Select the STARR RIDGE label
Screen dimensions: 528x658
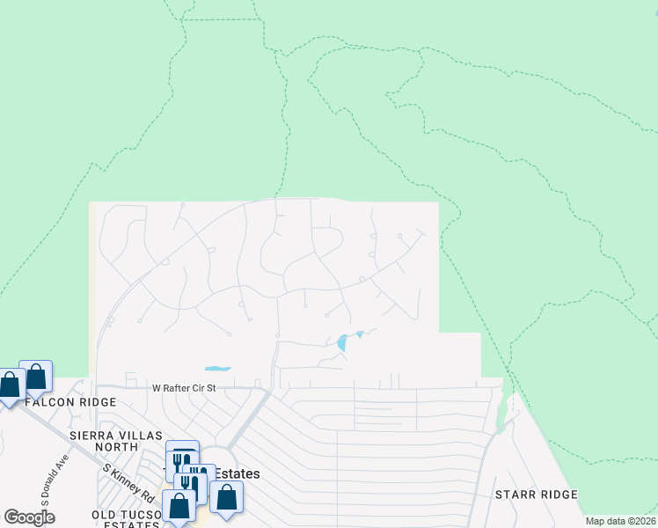pyautogui.click(x=535, y=495)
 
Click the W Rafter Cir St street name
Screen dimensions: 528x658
pyautogui.click(x=184, y=387)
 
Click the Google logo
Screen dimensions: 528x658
pyautogui.click(x=29, y=517)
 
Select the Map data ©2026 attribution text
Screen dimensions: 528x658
pyautogui.click(x=619, y=521)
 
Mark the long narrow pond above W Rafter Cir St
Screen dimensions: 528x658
pyautogui.click(x=217, y=368)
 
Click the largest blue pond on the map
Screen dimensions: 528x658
pyautogui.click(x=342, y=342)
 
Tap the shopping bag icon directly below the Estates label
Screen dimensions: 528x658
pyautogui.click(x=227, y=497)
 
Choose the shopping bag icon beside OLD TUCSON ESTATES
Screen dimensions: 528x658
pyautogui.click(x=179, y=506)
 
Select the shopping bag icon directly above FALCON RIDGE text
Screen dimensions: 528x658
pyautogui.click(x=36, y=377)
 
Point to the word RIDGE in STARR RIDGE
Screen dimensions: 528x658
pyautogui.click(x=556, y=495)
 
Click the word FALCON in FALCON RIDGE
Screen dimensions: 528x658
pyautogui.click(x=43, y=401)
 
